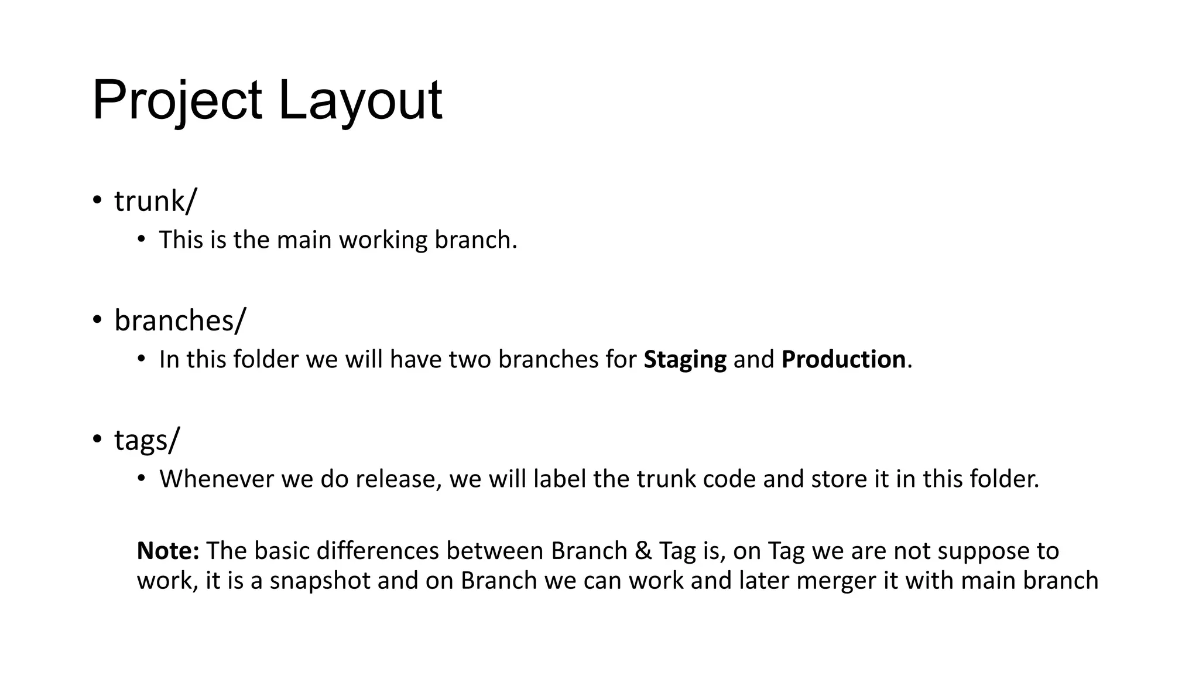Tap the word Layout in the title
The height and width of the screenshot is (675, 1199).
[x=359, y=101]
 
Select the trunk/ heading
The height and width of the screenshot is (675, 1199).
[x=156, y=202]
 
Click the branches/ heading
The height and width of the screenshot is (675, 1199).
[x=180, y=321]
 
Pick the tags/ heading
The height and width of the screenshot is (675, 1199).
[x=147, y=439]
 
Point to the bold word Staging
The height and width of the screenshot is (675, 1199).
[x=684, y=360]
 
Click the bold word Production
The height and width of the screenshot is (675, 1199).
[x=843, y=360]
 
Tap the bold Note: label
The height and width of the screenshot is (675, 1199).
[x=169, y=551]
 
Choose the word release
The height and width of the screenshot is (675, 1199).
[x=398, y=479]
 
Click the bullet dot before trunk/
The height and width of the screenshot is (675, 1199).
[x=97, y=200]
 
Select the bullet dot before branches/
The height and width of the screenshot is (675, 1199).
[x=97, y=319]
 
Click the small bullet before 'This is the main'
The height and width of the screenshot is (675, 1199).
[x=141, y=239]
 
